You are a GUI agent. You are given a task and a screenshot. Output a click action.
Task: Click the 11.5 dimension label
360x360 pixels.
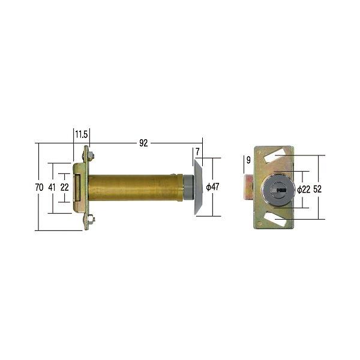coord(82,134)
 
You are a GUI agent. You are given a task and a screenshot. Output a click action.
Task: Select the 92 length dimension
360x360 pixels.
coord(143,143)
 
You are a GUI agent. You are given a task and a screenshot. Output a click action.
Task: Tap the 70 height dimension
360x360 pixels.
coord(39,187)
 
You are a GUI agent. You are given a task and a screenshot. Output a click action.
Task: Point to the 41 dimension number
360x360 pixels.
coord(52,187)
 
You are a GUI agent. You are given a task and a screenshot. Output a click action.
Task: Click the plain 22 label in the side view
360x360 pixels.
coord(65,187)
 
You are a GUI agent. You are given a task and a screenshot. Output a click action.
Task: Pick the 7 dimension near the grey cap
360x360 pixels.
coord(197,152)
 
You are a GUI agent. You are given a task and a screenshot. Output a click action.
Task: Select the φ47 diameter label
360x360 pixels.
coord(212,187)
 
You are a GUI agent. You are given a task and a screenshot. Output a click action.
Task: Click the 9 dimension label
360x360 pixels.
coord(248,160)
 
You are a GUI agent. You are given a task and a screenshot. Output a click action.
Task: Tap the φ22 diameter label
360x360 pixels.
coord(304,190)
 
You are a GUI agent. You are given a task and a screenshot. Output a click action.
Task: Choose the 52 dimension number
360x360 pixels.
coord(317,189)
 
